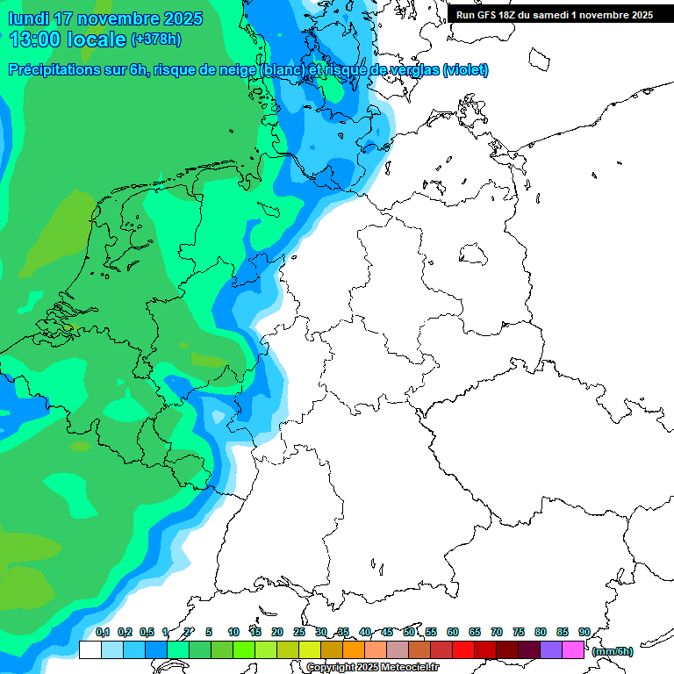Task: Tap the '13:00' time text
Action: click(x=36, y=39)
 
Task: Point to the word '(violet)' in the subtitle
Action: click(x=465, y=70)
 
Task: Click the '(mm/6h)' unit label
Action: click(x=613, y=651)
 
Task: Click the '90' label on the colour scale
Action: click(x=584, y=632)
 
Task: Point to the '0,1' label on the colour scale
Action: click(x=102, y=632)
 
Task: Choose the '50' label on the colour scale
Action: click(x=409, y=632)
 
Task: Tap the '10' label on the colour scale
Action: click(x=233, y=632)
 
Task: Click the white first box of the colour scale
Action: click(x=90, y=649)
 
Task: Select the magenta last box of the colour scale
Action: click(x=574, y=649)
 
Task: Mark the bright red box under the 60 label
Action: click(x=463, y=649)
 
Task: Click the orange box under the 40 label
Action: click(x=376, y=649)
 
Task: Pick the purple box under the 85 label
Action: click(x=551, y=649)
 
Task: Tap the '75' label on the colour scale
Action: click(x=519, y=632)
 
